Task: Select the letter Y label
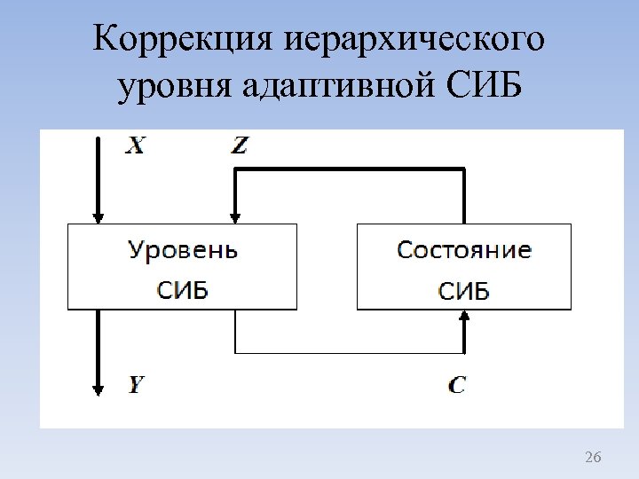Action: (x=136, y=385)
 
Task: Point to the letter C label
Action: (x=456, y=385)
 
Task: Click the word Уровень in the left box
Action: (x=183, y=250)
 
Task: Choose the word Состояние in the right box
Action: (x=464, y=250)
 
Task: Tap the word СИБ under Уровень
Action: (x=183, y=290)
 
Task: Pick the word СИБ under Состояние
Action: (x=464, y=290)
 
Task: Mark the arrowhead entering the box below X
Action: (x=99, y=216)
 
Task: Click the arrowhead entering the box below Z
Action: (x=235, y=216)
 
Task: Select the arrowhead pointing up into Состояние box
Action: (x=464, y=318)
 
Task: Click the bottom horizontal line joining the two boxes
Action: (x=350, y=353)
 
